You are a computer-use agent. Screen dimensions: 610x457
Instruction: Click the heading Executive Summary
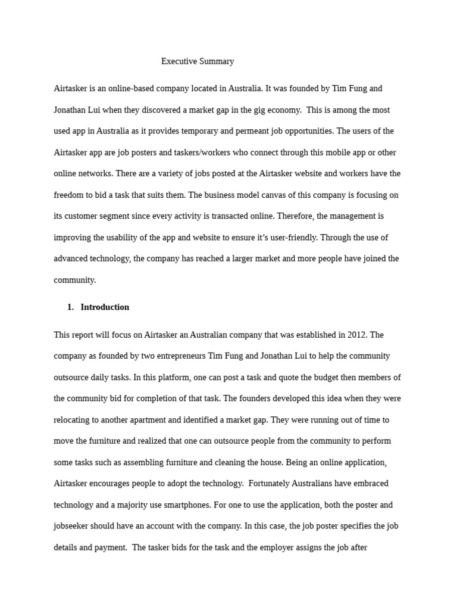198,61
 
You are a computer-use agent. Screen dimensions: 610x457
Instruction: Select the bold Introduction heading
105,307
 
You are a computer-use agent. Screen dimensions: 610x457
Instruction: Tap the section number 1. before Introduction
70,307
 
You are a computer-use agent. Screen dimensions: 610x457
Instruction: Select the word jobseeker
73,526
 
